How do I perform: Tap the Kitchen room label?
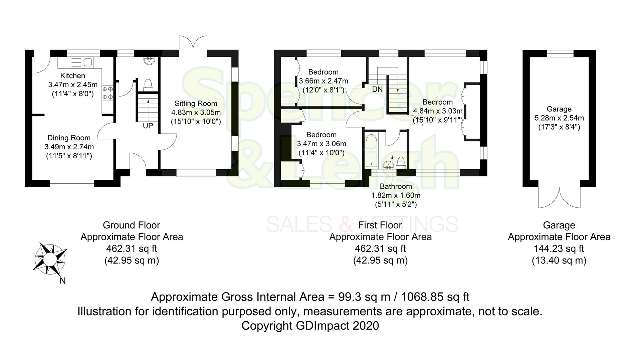tap(72, 76)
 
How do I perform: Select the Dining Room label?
tap(69, 138)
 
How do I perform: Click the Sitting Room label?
tap(196, 104)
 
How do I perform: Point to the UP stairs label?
tap(148, 126)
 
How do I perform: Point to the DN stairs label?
tap(377, 89)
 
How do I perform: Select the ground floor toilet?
tap(147, 85)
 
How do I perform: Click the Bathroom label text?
tap(396, 186)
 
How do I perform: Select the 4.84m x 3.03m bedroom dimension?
tap(438, 111)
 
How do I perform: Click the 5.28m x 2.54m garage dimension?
tap(559, 118)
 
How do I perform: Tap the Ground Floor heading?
tap(131, 225)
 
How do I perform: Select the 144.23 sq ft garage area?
tap(559, 248)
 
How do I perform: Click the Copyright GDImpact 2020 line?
tap(310, 326)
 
